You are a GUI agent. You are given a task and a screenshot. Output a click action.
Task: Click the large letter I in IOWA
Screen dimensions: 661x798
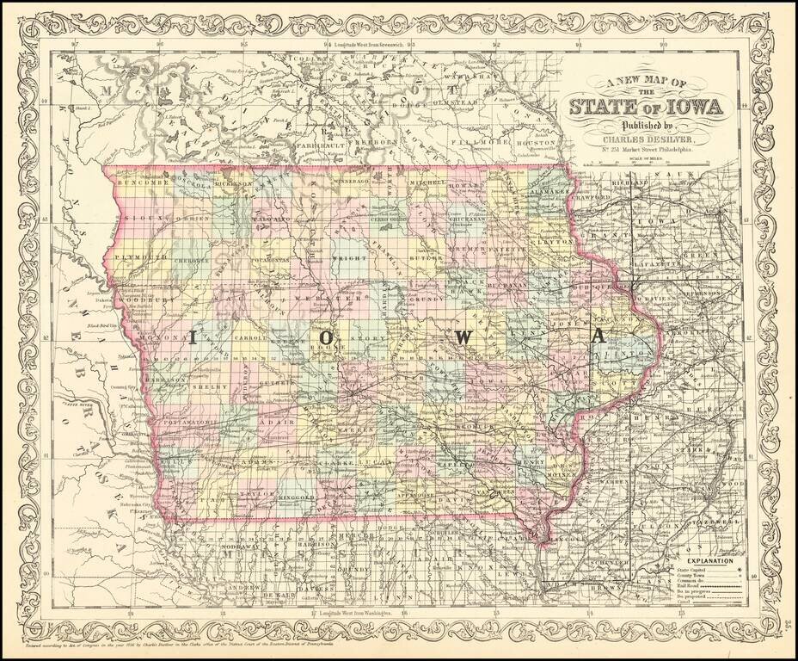click(x=193, y=337)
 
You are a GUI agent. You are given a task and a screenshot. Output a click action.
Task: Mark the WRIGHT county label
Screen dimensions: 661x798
click(x=368, y=257)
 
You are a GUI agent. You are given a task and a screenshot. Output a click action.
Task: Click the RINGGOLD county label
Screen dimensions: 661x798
click(x=298, y=497)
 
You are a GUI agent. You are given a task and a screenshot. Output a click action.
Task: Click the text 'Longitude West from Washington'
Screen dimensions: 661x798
click(x=349, y=613)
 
